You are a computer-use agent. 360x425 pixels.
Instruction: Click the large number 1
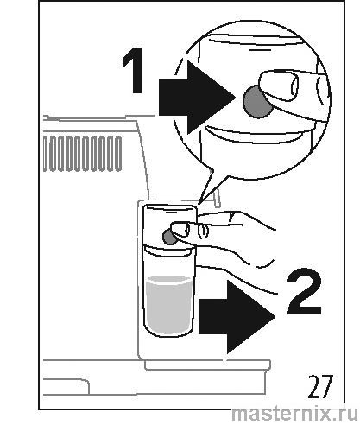134,71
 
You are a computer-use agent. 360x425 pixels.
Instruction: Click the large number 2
304,291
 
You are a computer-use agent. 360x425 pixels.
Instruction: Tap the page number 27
320,386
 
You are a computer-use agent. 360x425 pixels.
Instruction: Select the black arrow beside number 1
197,98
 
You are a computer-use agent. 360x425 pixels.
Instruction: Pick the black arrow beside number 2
237,317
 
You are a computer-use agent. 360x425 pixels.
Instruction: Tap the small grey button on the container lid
169,237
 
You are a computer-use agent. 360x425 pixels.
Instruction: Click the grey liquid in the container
169,304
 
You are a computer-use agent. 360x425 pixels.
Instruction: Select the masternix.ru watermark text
294,414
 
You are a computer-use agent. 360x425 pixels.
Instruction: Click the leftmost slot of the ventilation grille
46,154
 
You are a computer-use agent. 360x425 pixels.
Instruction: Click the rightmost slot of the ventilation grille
118,154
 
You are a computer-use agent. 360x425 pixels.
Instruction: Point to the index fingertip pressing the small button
180,230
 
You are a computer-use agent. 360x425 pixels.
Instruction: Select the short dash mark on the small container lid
171,211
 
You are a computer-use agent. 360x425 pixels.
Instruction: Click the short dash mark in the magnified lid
257,50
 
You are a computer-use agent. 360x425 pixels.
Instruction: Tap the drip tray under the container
207,365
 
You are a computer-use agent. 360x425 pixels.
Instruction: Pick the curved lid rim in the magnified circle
253,136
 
